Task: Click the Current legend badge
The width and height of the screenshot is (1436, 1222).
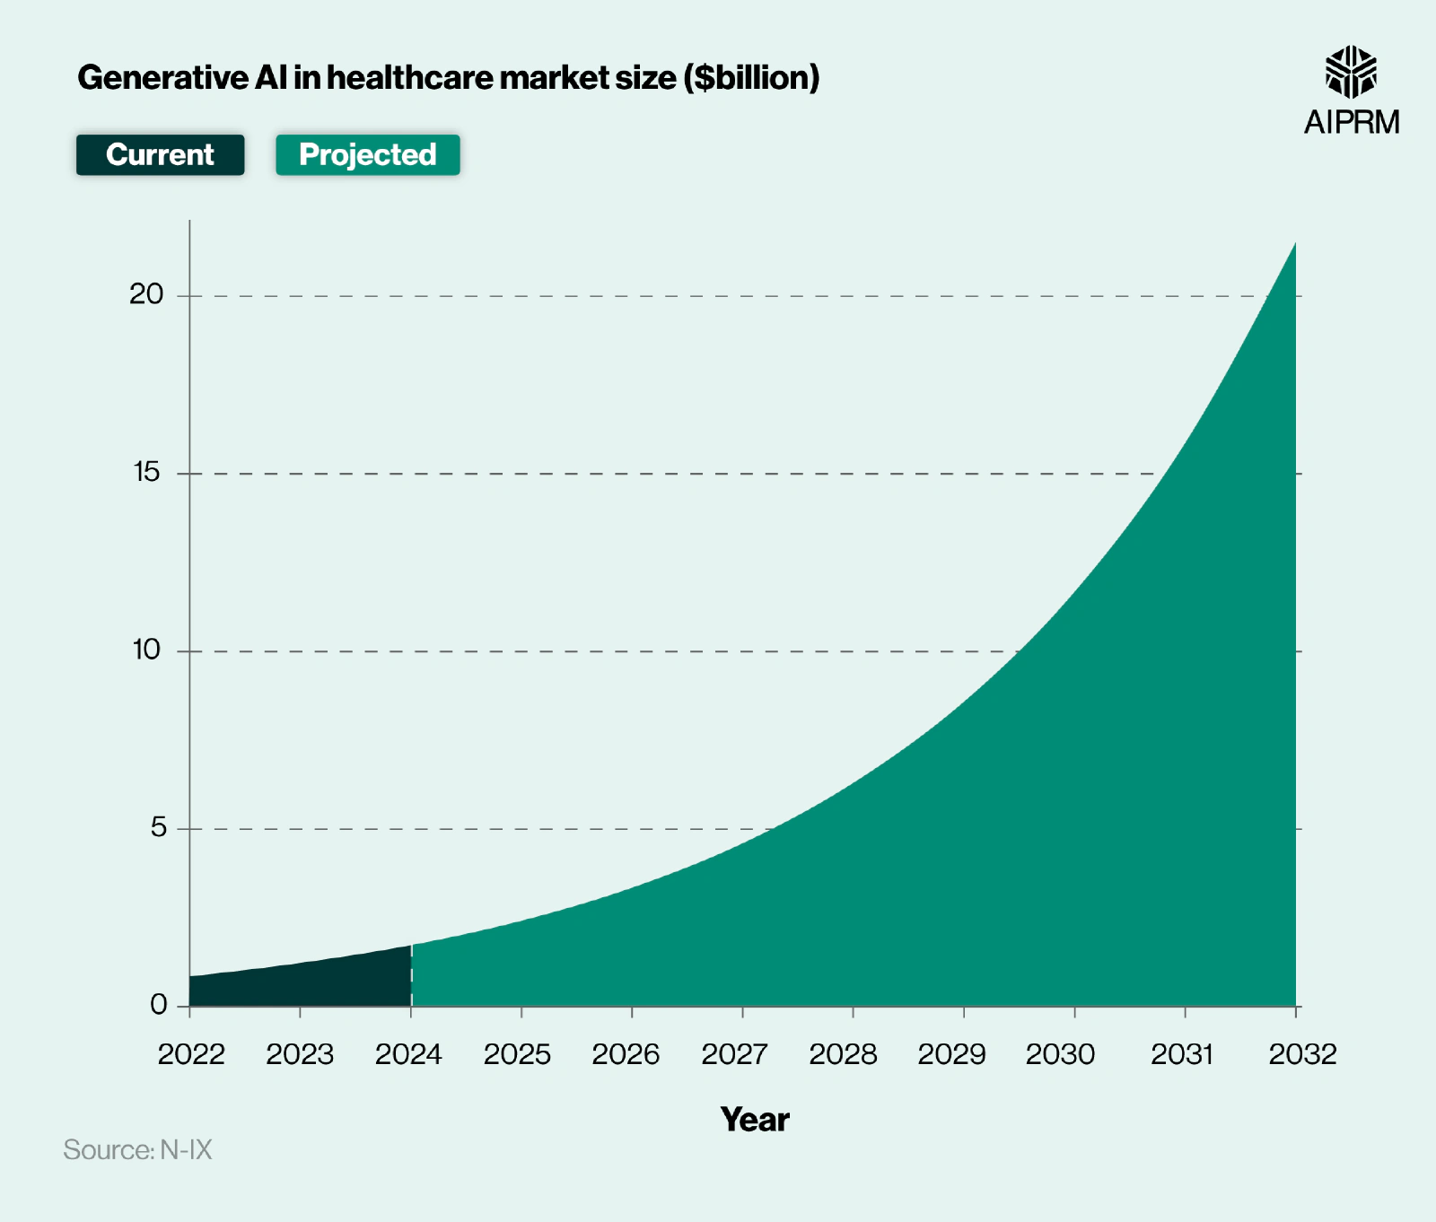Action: click(x=160, y=155)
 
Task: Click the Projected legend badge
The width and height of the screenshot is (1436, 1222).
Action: click(x=367, y=155)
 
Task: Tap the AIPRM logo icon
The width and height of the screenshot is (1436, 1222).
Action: click(x=1351, y=72)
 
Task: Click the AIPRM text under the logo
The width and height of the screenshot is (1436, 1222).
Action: click(x=1351, y=122)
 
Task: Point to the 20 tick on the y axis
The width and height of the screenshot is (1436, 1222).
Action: click(x=146, y=294)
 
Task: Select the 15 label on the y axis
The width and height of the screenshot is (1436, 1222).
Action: click(x=146, y=472)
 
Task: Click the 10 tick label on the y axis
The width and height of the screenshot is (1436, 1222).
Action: click(x=146, y=650)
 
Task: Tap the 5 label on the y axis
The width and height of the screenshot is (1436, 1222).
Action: click(x=158, y=827)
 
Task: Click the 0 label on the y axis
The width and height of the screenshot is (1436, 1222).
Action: click(x=158, y=1005)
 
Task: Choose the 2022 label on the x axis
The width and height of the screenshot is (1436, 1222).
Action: click(x=191, y=1054)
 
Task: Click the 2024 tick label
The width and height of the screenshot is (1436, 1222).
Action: click(x=408, y=1054)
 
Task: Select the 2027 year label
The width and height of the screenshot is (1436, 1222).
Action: click(x=734, y=1054)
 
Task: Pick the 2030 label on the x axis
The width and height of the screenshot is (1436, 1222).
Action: click(x=1060, y=1054)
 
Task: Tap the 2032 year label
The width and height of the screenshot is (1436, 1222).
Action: click(x=1302, y=1054)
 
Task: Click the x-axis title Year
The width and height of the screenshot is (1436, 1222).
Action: click(x=754, y=1120)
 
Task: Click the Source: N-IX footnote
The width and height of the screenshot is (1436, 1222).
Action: click(x=137, y=1150)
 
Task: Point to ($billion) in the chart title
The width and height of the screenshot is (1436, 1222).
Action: click(x=751, y=78)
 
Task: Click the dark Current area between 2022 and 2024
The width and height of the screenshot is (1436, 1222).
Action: click(x=300, y=985)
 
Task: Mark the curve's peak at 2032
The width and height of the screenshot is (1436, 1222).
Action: click(x=1294, y=244)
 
